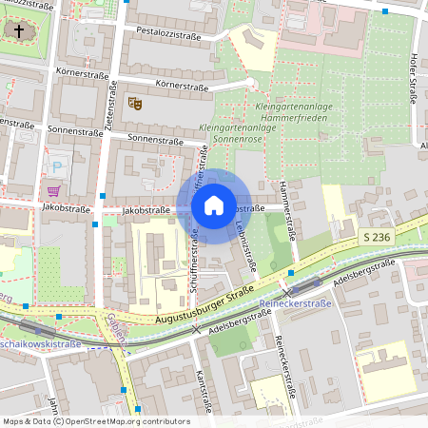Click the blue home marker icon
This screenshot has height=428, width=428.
tap(214, 205)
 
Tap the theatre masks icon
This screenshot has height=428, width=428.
tap(134, 101)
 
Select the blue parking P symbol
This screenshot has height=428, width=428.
tap(57, 167)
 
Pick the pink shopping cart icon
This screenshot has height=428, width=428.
tap(51, 190)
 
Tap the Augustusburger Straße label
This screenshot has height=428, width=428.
tap(204, 303)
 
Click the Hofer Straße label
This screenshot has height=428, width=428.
tap(415, 90)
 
